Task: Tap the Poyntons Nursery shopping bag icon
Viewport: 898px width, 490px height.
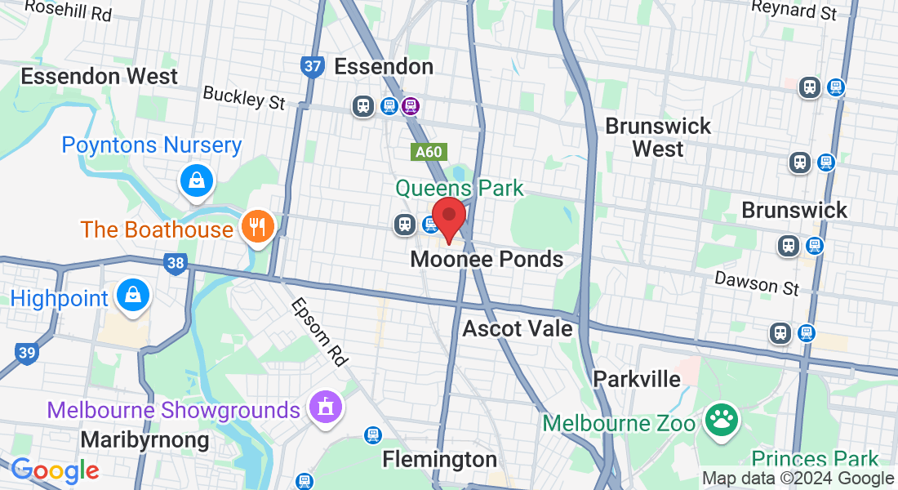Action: click(197, 181)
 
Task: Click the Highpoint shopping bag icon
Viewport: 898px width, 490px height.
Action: click(132, 296)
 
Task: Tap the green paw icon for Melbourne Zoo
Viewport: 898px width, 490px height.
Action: click(722, 420)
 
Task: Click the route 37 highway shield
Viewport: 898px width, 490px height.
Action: click(312, 66)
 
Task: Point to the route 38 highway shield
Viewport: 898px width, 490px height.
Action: click(174, 263)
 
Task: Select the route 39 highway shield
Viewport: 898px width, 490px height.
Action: click(25, 353)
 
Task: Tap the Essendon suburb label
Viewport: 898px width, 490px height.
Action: click(384, 66)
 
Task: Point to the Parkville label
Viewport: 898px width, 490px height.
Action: click(637, 379)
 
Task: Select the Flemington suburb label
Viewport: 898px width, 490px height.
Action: click(440, 459)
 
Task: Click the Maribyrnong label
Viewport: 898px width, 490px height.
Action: click(145, 440)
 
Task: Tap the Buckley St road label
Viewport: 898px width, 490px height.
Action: click(244, 97)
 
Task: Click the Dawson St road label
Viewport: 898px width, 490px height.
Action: click(757, 283)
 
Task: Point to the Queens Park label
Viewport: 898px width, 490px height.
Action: click(460, 189)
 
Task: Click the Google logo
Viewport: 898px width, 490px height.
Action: click(56, 470)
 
